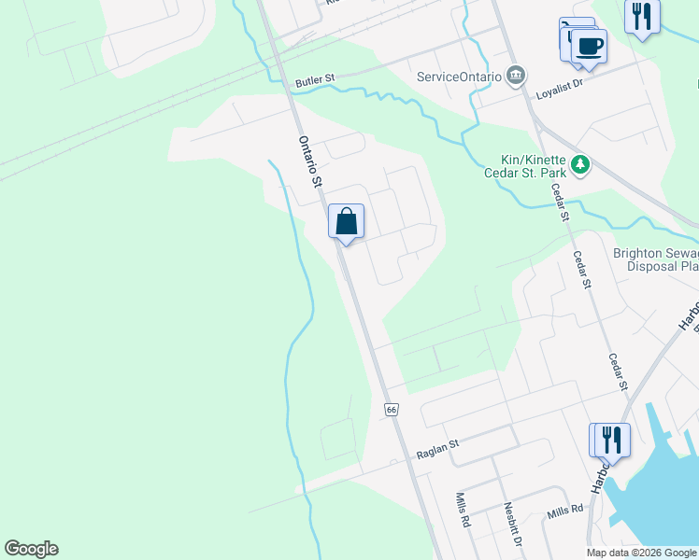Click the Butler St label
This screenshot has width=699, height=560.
pos(314,81)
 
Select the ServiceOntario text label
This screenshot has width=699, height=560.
pos(459,77)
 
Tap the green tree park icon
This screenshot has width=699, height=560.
pos(581,165)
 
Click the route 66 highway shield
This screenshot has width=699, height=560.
pos(391,410)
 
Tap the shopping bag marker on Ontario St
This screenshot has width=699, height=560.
pos(346,222)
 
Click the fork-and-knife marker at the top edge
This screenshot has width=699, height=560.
pos(642,17)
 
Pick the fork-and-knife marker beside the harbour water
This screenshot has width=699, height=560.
pos(611,438)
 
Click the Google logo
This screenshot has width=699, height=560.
pos(31,549)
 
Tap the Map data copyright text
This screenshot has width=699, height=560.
pos(642,553)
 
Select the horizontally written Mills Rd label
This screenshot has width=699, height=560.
pos(565,510)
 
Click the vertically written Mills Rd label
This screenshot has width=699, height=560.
pos(462,511)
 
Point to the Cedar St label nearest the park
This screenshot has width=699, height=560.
pos(561,203)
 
